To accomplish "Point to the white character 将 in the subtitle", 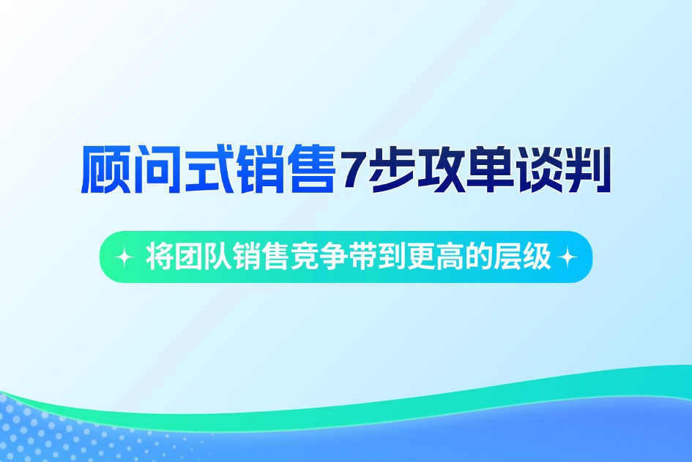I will [x=159, y=257].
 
